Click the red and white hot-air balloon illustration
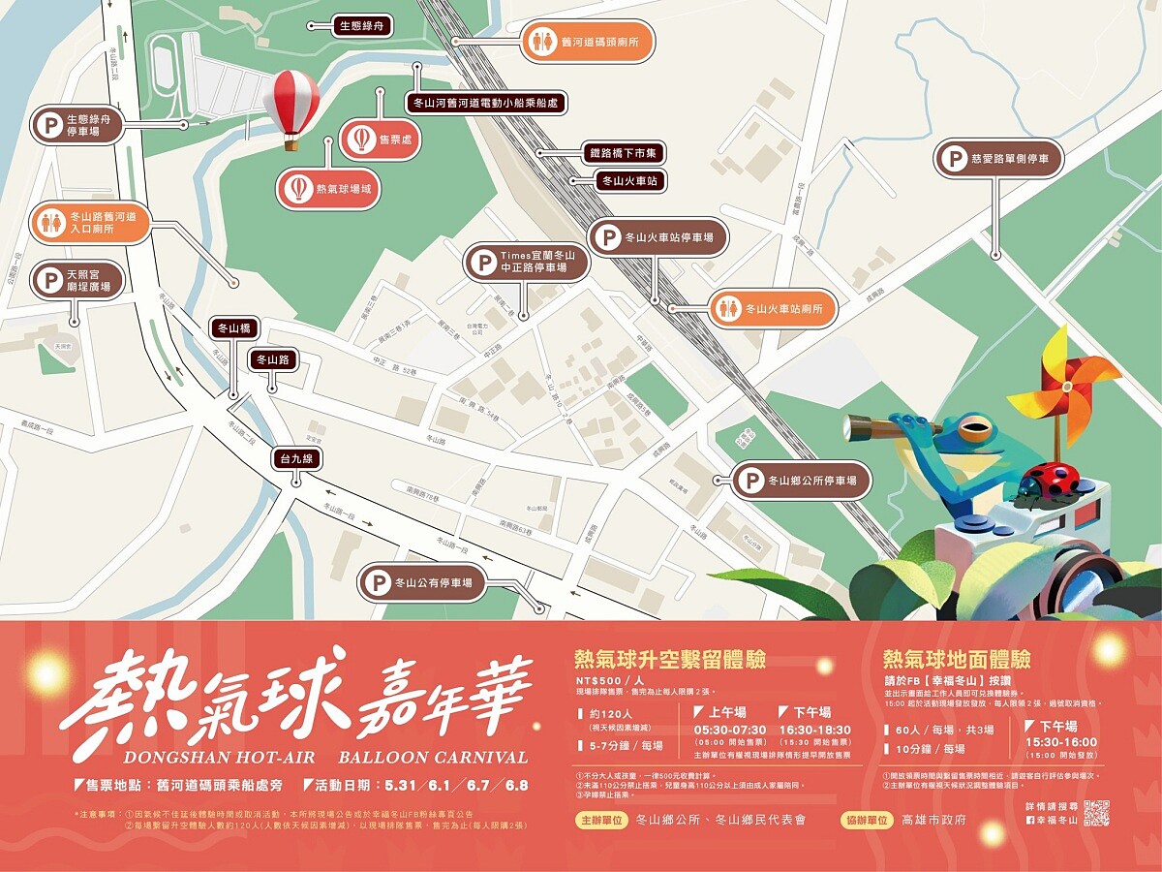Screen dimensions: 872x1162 tap(291, 105)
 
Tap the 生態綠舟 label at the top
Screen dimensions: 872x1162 tap(363, 26)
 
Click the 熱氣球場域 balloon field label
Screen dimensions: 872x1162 tap(329, 189)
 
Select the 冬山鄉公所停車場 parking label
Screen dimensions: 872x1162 tap(800, 480)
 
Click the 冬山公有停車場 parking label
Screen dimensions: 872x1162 tap(421, 583)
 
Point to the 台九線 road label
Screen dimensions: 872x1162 tap(296, 458)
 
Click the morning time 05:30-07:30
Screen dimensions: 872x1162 tap(729, 730)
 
